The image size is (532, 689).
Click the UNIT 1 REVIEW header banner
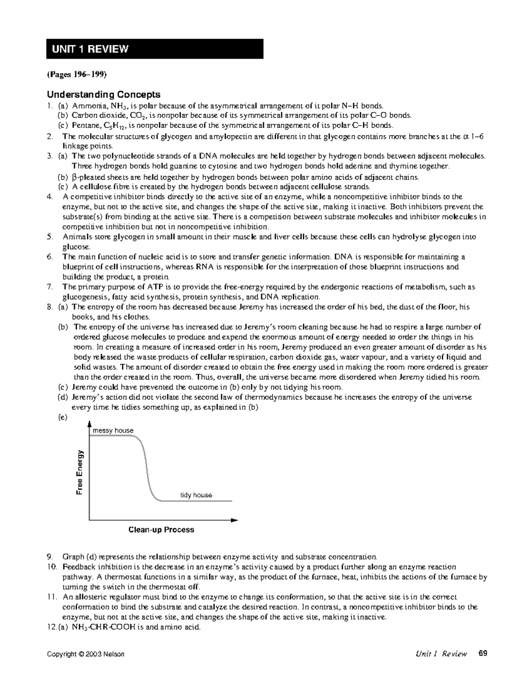(x=155, y=49)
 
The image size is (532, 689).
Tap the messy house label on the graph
(x=113, y=430)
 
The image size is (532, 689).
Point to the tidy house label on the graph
(x=196, y=495)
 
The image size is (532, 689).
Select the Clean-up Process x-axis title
(x=161, y=530)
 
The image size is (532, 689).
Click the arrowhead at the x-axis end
(x=235, y=520)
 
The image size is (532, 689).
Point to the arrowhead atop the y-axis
(x=90, y=423)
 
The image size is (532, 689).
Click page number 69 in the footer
(x=483, y=654)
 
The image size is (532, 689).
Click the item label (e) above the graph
(x=63, y=417)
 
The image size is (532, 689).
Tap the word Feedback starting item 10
(x=77, y=567)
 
